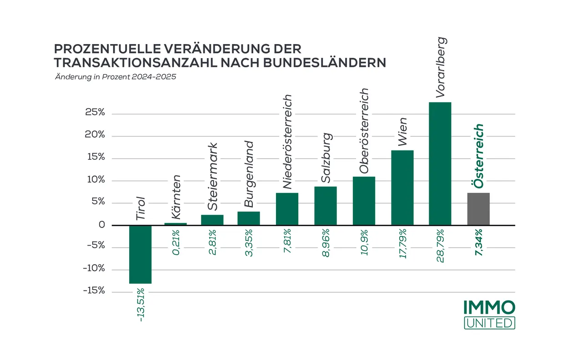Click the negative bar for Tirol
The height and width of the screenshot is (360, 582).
pyautogui.click(x=140, y=254)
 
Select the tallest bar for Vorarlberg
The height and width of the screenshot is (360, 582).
pyautogui.click(x=440, y=164)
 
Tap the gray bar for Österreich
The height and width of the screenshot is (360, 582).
pyautogui.click(x=478, y=209)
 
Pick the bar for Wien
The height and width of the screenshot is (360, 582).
pyautogui.click(x=402, y=188)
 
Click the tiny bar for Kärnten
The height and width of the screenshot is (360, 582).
pyautogui.click(x=176, y=224)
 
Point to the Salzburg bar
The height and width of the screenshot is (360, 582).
pyautogui.click(x=326, y=206)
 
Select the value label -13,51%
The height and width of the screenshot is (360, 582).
pyautogui.click(x=141, y=305)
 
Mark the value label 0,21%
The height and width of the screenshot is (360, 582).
pyautogui.click(x=176, y=244)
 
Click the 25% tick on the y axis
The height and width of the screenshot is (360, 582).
pyautogui.click(x=95, y=113)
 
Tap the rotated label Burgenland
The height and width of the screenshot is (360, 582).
pyautogui.click(x=249, y=174)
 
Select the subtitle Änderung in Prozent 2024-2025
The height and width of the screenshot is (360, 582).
pyautogui.click(x=115, y=77)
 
